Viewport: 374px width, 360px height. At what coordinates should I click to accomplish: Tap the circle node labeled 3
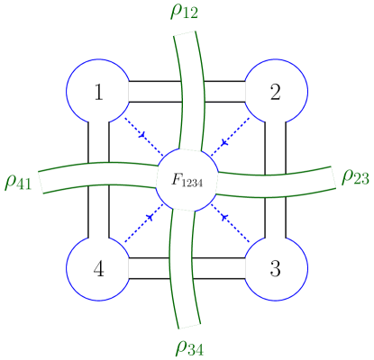pos(276,268)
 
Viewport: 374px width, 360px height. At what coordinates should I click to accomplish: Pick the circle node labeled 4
pos(98,268)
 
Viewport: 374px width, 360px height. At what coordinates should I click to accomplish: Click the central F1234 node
pos(187,179)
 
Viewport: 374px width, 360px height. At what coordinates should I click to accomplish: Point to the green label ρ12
pos(185,12)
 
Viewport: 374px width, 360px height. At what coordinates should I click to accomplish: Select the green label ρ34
pos(190,347)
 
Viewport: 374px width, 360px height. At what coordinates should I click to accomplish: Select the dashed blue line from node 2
pos(232,135)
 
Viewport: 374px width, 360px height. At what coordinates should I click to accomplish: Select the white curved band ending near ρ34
pos(184,279)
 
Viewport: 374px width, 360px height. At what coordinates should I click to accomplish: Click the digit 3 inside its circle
pos(276,268)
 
